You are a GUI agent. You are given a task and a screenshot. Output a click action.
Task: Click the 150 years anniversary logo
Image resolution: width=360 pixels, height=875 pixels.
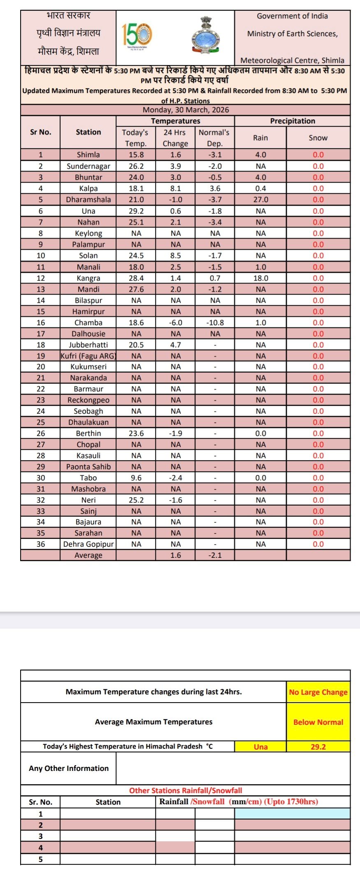(x=137, y=35)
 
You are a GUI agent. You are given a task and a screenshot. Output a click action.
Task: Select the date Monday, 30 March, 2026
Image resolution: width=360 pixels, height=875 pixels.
(x=186, y=110)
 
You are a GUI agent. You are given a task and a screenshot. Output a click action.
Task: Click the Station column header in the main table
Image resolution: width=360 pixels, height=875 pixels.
(x=88, y=132)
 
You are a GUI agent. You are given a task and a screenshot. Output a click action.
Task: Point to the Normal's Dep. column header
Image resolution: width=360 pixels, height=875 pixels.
(x=214, y=138)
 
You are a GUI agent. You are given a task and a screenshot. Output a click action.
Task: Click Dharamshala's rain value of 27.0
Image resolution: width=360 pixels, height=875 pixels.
(x=260, y=200)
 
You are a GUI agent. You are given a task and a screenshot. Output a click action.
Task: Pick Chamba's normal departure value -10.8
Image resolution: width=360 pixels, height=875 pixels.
(x=215, y=323)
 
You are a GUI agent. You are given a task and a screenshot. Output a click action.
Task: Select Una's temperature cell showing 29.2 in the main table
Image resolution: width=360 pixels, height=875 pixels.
(x=136, y=211)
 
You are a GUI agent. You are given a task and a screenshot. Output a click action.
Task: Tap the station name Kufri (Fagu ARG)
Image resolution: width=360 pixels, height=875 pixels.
(x=88, y=356)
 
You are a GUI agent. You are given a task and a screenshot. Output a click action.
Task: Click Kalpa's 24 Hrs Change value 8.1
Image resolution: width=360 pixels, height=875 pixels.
(x=175, y=188)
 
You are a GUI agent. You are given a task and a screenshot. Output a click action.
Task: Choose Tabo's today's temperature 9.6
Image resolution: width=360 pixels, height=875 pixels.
(x=136, y=478)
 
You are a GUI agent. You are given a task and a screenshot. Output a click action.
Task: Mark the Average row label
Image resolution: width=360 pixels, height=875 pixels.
(x=88, y=555)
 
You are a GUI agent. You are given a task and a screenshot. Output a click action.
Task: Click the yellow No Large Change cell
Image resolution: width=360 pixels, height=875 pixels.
(x=318, y=692)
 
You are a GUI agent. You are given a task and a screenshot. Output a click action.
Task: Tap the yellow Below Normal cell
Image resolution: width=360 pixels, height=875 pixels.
(x=318, y=722)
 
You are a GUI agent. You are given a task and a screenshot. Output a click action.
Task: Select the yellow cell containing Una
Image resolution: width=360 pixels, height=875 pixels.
(x=260, y=747)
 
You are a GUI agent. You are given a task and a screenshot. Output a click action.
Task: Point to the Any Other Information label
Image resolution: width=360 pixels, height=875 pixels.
(x=69, y=768)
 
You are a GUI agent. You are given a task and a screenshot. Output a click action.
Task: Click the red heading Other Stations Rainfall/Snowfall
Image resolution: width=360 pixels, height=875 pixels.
(x=186, y=790)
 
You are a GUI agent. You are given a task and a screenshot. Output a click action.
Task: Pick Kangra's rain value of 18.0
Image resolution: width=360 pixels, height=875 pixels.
(x=260, y=278)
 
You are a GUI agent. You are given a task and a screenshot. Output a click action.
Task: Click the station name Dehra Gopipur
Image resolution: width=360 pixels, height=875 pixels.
(x=88, y=544)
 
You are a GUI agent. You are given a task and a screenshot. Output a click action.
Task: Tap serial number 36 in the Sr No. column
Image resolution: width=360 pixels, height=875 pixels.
(x=40, y=544)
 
